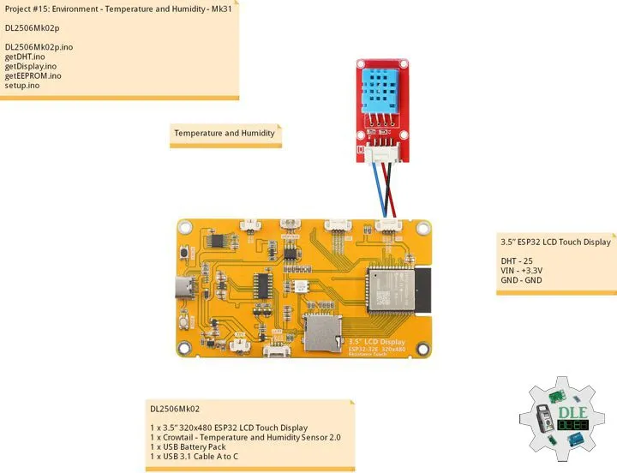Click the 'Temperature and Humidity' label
point(225,134)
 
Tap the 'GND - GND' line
point(522,280)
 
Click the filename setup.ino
point(22,86)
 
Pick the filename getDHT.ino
point(25,56)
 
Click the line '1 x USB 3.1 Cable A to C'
point(194,457)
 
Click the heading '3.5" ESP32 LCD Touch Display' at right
point(556,242)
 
